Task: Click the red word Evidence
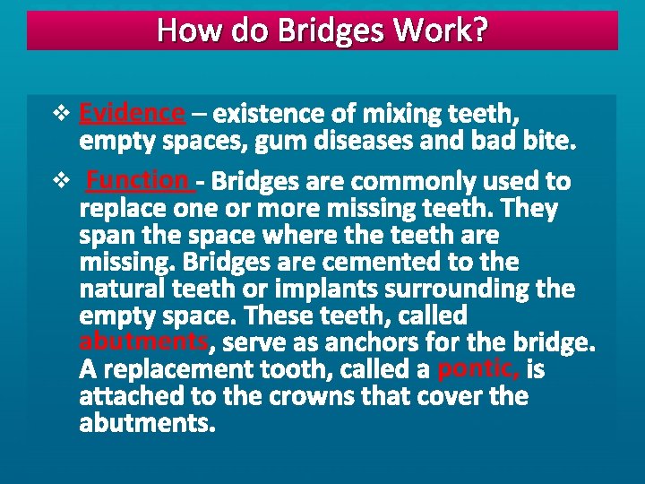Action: (x=132, y=114)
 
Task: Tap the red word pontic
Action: (x=477, y=368)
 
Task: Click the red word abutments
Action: (x=144, y=341)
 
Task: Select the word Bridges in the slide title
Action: (x=331, y=31)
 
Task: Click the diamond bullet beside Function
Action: (x=62, y=181)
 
